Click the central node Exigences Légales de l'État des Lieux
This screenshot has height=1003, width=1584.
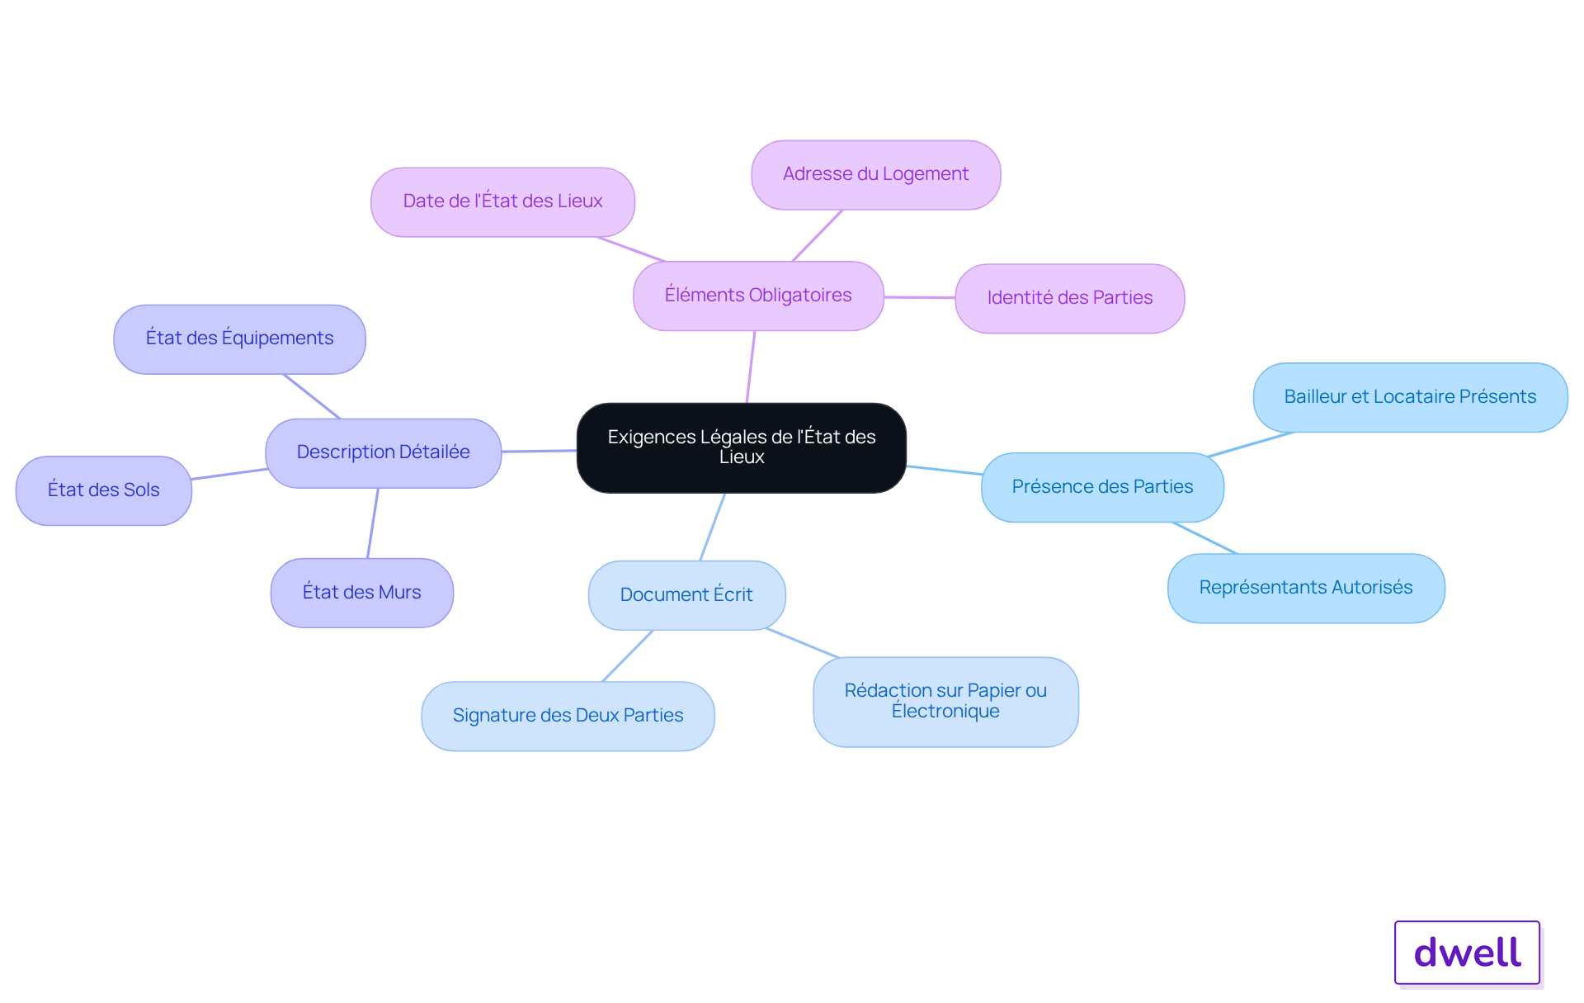[742, 447]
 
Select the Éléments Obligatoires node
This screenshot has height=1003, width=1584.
[758, 296]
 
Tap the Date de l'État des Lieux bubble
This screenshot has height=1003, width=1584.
[502, 201]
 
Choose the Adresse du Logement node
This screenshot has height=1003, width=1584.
[875, 174]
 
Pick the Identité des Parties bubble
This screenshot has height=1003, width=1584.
[1069, 298]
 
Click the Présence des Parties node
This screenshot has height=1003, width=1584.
[1102, 487]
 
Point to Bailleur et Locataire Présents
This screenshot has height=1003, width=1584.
[1410, 397]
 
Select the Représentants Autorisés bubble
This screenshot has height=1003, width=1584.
[1306, 588]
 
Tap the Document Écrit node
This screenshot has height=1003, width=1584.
[686, 595]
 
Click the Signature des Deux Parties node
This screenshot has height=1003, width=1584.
[568, 716]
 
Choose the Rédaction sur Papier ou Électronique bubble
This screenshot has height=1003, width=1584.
[945, 702]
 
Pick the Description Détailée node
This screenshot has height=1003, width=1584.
[383, 452]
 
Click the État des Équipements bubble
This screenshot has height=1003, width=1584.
[239, 338]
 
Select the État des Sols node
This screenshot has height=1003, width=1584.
[103, 490]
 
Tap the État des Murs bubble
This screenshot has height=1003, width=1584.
[361, 593]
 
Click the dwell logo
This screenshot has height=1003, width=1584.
[1467, 953]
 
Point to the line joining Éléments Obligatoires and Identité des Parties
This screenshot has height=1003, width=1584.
[919, 297]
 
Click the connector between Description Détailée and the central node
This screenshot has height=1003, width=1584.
[540, 451]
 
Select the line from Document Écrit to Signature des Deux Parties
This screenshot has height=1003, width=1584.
[628, 655]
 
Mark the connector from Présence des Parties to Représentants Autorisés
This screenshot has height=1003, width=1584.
[1204, 537]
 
